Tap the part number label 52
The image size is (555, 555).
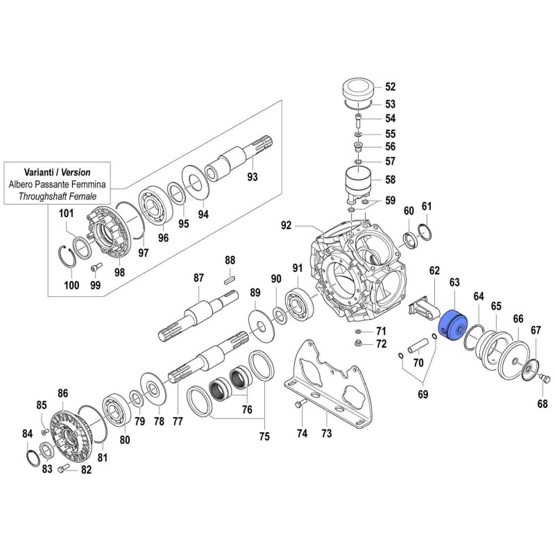[x=390, y=87]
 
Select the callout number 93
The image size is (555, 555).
[x=253, y=177]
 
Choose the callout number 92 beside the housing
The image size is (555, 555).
[x=286, y=225]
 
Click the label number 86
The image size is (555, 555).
[x=63, y=393]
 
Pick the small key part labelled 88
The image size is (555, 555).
[x=230, y=280]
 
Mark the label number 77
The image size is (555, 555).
[x=178, y=420]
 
